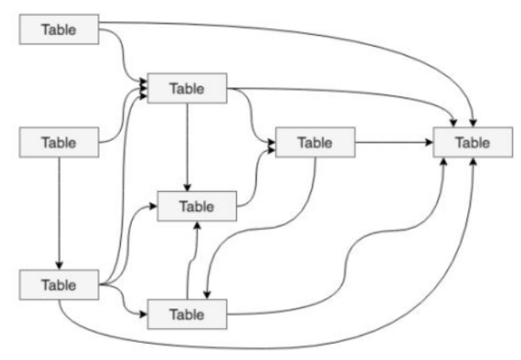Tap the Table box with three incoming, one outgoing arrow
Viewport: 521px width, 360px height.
point(197,206)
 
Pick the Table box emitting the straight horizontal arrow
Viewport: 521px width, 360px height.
point(314,143)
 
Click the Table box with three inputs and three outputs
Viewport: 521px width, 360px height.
point(187,87)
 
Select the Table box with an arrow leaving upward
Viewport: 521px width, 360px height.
point(187,313)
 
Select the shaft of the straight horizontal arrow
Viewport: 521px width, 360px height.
point(390,143)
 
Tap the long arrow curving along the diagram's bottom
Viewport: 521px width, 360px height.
point(273,343)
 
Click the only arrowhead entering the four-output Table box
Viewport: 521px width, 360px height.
point(59,265)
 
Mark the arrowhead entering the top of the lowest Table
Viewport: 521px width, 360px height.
point(207,294)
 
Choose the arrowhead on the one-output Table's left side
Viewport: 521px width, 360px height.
point(154,207)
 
